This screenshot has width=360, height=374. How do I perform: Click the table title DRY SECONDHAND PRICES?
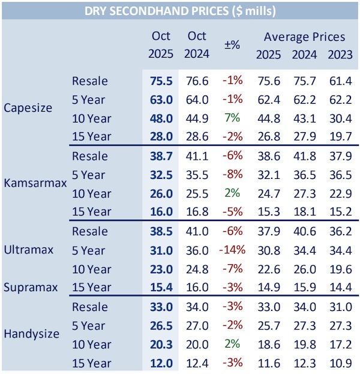(x=180, y=11)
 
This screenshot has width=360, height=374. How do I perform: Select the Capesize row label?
(x=28, y=109)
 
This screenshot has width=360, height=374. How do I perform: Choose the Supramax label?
(x=31, y=287)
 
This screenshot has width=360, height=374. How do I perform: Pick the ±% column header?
(x=233, y=45)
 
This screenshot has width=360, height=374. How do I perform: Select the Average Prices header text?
(x=304, y=37)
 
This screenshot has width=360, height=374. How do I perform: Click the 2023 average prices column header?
(x=340, y=54)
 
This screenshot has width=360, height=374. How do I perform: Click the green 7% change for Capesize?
(x=233, y=118)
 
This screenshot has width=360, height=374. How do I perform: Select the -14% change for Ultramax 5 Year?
(x=232, y=250)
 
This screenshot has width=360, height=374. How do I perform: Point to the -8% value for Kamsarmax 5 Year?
(x=233, y=175)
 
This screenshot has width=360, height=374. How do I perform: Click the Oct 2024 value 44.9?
(x=196, y=118)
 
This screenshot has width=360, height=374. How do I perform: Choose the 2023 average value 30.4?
(x=340, y=118)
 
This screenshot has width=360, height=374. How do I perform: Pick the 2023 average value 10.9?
(x=340, y=363)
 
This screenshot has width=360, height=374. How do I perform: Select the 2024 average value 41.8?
(x=304, y=156)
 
